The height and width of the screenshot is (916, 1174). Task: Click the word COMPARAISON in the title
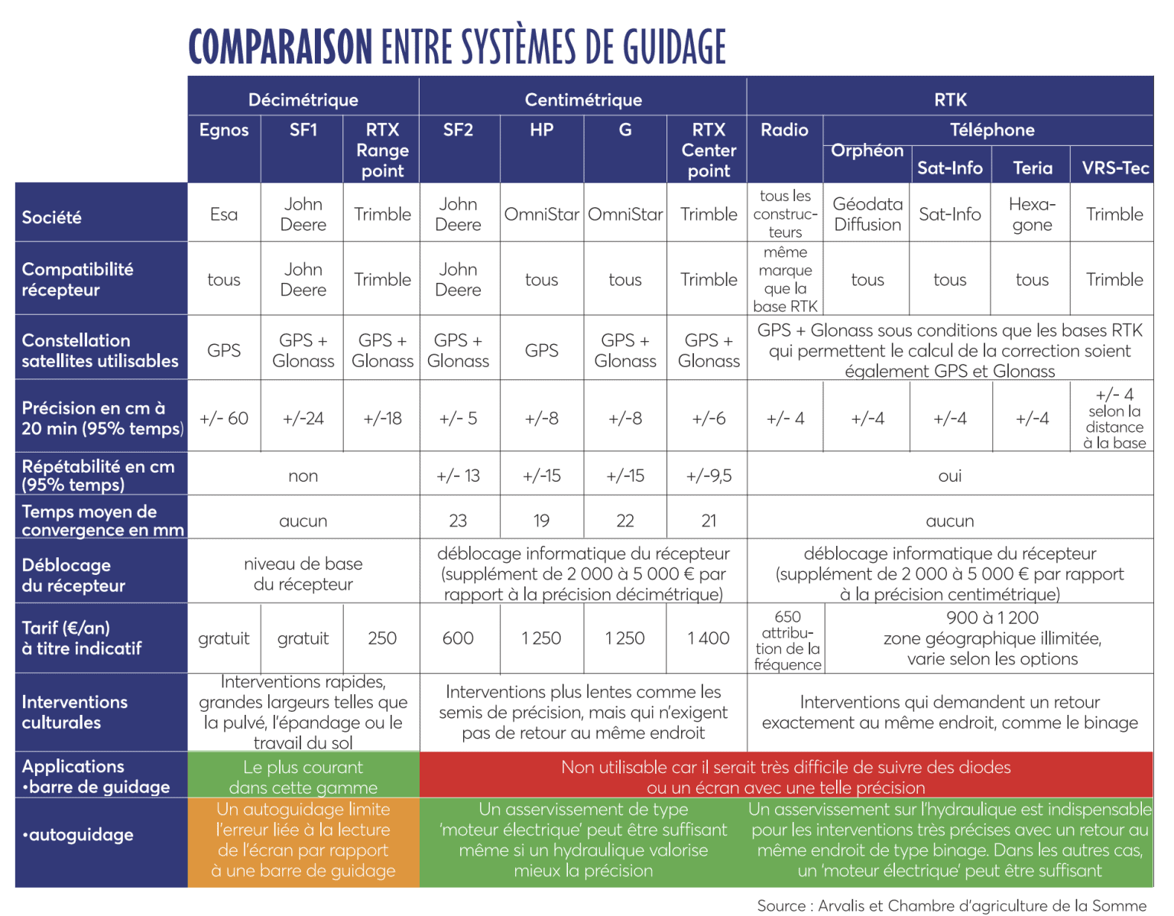280,47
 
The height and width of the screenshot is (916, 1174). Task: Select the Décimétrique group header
303,99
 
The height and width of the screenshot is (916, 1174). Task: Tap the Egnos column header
224,130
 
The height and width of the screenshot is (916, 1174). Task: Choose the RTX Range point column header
382,150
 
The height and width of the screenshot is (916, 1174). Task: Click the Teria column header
1032,167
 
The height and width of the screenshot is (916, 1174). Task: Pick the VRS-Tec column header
1114,167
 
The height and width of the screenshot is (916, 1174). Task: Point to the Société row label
52,217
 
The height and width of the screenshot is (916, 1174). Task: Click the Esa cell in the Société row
224,214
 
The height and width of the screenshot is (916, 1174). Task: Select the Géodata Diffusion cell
867,214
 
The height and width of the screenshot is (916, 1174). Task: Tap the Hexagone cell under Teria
1032,214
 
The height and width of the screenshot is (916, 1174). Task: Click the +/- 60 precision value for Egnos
224,418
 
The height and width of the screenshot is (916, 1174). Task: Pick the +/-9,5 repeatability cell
709,476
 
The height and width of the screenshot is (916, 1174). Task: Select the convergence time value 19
541,521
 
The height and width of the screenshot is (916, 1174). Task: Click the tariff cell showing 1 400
709,638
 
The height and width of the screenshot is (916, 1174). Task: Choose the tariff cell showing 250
382,638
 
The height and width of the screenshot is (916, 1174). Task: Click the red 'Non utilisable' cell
786,777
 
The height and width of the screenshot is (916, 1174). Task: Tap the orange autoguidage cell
303,840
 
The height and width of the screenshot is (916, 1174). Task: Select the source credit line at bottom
952,905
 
